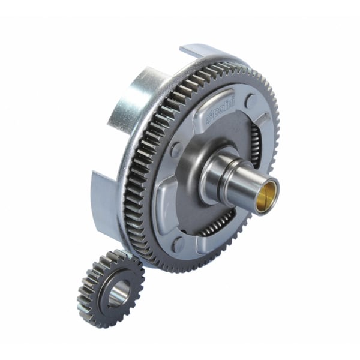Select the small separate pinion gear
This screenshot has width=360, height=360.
pos(110,287)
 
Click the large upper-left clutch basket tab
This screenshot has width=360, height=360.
pos(129,99)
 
